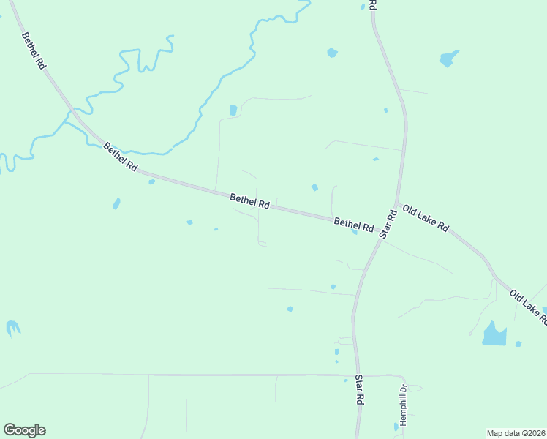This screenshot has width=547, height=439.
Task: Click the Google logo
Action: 24,430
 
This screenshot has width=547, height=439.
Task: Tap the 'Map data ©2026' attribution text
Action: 516,433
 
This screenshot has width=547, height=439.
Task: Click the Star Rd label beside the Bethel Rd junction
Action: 388,225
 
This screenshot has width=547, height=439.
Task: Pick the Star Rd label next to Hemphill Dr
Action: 360,390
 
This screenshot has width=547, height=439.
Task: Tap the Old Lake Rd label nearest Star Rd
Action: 425,219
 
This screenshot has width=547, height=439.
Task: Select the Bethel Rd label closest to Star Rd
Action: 354,223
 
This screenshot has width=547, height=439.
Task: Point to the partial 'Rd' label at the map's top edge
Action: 372,4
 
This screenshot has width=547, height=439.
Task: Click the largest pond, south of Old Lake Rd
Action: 494,335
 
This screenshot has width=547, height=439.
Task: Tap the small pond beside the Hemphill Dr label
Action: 396,426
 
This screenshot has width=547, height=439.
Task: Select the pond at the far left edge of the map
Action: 12,329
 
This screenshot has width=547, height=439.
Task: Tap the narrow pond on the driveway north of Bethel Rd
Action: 233,110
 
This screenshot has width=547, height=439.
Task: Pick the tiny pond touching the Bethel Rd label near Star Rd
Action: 355,232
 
